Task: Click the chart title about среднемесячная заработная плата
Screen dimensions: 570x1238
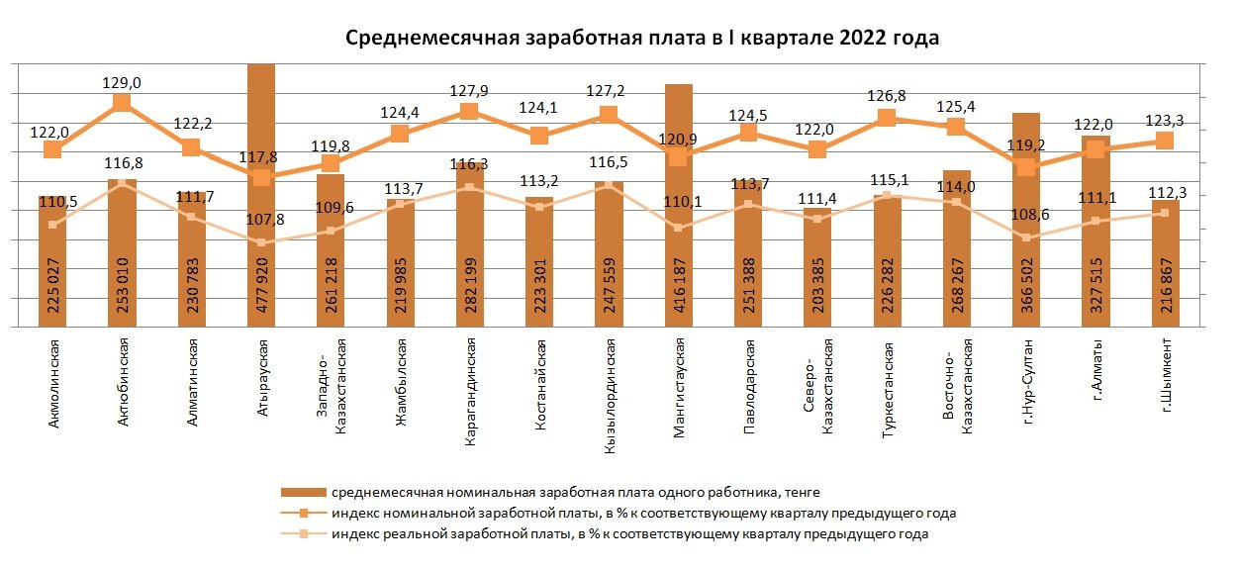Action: coord(641,39)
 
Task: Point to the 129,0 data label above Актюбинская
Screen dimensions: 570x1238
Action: coord(122,84)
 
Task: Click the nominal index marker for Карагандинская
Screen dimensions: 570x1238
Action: coord(469,111)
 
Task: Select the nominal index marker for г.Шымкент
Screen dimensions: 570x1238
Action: coord(1165,141)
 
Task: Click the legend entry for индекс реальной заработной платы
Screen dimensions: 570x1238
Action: coord(629,534)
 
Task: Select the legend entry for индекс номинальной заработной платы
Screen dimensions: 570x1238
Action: coord(643,514)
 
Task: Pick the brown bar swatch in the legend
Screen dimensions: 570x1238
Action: coord(303,492)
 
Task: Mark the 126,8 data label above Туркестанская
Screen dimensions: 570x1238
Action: coord(887,97)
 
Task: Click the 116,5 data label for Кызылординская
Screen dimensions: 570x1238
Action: coord(609,161)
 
